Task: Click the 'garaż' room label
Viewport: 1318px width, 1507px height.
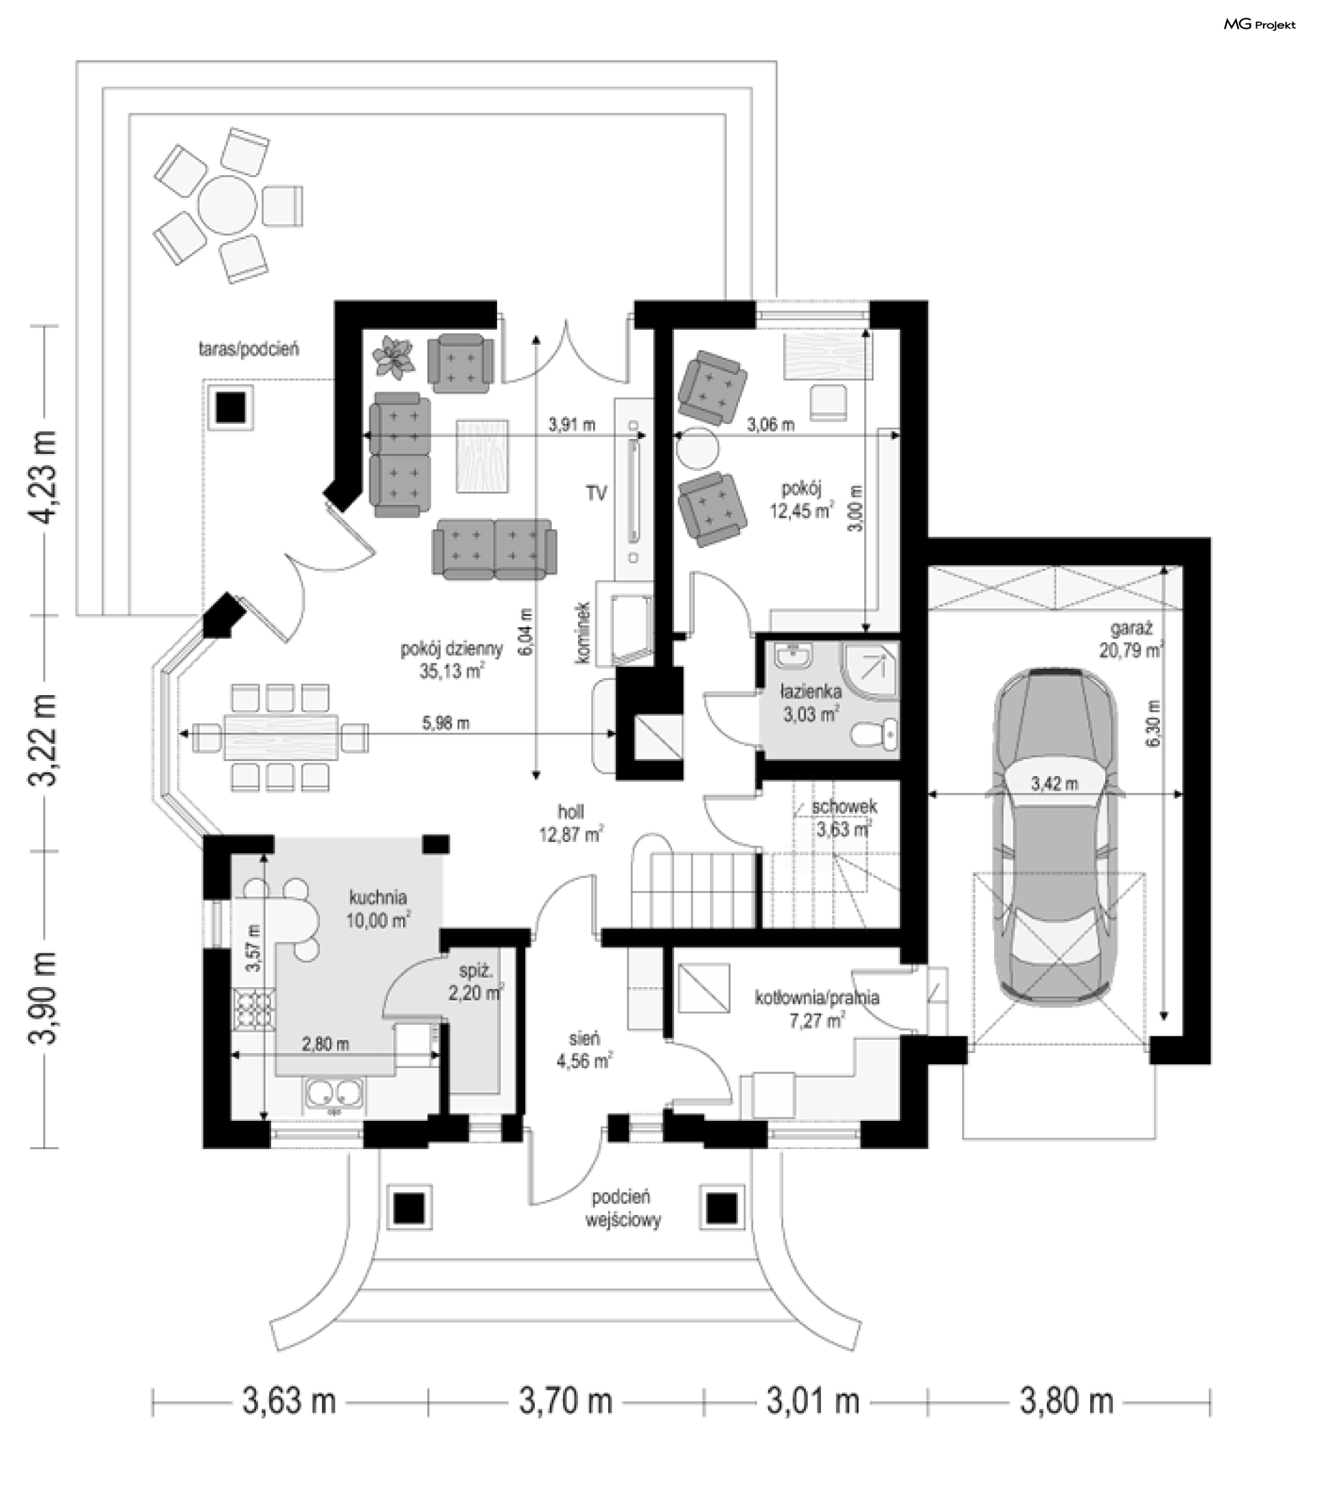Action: coord(1131,628)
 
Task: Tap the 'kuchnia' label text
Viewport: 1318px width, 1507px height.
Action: coord(378,897)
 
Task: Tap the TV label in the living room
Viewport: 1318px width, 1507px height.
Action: coord(597,493)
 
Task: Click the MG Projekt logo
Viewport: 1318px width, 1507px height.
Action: coord(1259,25)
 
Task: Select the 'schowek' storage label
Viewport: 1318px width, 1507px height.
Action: coord(844,806)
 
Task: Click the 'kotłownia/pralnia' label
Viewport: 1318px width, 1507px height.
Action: coord(817,998)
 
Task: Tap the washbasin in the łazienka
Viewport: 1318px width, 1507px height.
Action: coord(791,657)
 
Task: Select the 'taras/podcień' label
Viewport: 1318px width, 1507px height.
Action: coord(248,349)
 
